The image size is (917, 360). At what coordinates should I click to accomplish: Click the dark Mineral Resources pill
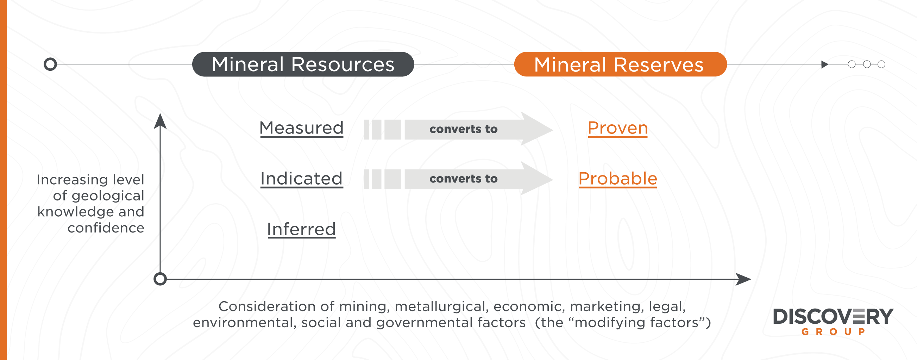[303, 64]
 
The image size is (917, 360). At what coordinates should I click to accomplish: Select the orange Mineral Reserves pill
[620, 64]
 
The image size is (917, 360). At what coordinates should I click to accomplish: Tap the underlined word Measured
[302, 128]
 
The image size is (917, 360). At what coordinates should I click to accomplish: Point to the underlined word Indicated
[302, 179]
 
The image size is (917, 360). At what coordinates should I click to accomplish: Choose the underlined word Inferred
[302, 229]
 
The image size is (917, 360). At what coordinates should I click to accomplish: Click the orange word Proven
[618, 128]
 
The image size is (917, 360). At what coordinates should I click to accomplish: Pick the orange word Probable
[618, 179]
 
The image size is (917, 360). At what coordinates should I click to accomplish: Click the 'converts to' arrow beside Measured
[458, 129]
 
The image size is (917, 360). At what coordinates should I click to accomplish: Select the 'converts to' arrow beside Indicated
[458, 178]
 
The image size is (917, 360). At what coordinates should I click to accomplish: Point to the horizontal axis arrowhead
[743, 279]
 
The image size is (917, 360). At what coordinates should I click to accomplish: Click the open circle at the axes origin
[160, 279]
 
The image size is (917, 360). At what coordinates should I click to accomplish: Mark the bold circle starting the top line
[50, 64]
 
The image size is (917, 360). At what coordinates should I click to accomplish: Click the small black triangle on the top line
[825, 64]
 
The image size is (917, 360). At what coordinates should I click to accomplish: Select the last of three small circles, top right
[881, 64]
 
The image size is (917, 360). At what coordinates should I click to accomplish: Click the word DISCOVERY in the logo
[833, 317]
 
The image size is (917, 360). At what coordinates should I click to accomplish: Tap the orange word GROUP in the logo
[833, 332]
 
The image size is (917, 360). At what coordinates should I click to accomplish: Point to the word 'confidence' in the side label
[106, 228]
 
